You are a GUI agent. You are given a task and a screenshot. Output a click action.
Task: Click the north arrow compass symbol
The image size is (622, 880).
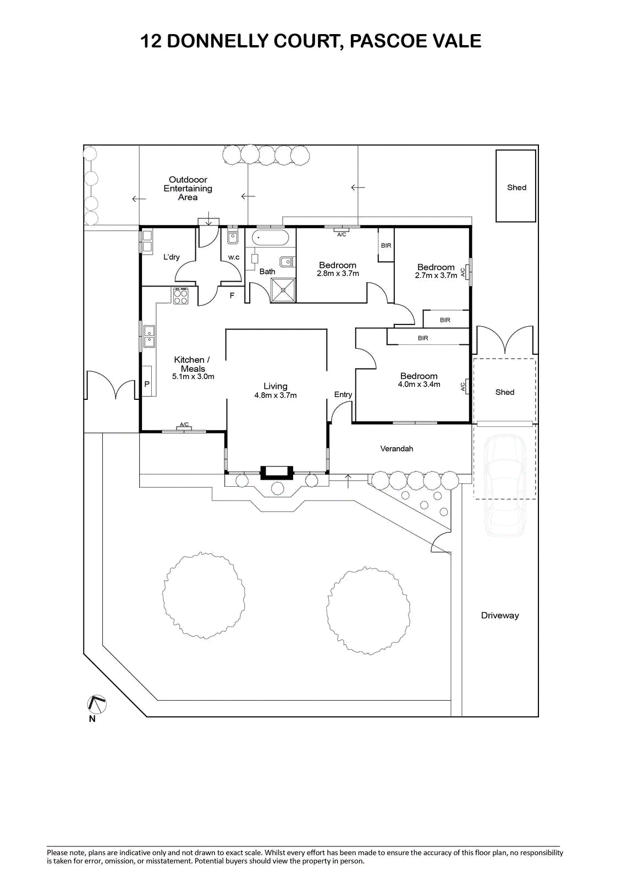click(96, 705)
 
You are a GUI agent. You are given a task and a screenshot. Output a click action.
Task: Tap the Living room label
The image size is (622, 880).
click(275, 386)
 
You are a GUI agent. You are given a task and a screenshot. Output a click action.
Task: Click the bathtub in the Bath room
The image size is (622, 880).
click(270, 238)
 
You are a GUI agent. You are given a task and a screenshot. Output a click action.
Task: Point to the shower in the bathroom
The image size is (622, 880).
click(283, 290)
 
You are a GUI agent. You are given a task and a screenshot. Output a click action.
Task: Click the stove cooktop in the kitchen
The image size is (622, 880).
click(181, 296)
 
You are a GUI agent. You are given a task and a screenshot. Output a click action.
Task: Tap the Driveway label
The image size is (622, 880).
click(499, 615)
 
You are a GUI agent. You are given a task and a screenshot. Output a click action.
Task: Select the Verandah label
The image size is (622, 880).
click(397, 449)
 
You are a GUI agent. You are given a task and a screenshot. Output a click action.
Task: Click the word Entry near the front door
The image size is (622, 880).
click(343, 394)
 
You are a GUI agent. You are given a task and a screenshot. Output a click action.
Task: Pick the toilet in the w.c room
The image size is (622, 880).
click(233, 238)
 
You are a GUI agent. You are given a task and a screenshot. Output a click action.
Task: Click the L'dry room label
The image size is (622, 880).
click(171, 257)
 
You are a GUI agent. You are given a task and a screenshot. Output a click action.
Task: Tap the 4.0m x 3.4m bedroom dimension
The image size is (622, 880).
click(419, 384)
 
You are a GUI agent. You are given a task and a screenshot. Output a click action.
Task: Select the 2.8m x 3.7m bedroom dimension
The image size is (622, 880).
click(338, 273)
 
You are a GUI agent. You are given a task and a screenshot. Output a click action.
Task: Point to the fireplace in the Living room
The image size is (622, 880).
click(277, 471)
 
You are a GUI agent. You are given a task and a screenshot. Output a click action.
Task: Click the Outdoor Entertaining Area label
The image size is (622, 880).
click(188, 188)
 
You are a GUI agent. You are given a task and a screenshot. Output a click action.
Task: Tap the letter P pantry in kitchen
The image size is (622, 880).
click(147, 384)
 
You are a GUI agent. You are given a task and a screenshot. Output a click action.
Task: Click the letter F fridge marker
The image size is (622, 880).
click(232, 296)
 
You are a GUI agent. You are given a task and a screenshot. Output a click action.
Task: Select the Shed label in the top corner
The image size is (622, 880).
click(516, 188)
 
